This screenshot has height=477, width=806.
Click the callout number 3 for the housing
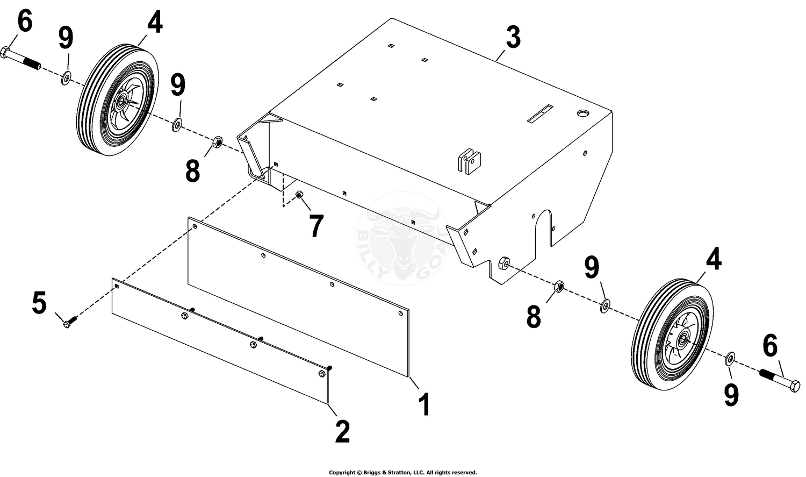point(513,38)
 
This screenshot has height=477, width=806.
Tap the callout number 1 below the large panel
point(424,404)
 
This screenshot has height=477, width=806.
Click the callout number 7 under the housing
point(316,226)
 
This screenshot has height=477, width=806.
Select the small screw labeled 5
point(70,322)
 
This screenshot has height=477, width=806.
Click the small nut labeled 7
point(299,195)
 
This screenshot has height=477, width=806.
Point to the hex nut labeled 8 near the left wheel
point(217,142)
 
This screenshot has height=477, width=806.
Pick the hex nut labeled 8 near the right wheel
point(558,286)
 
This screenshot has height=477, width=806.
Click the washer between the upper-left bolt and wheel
point(66,78)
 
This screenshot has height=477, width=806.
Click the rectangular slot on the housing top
point(540,114)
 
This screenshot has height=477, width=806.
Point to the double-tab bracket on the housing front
point(469,161)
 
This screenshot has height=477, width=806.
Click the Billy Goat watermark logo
point(402,239)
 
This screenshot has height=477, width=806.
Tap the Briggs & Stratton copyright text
point(402,472)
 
